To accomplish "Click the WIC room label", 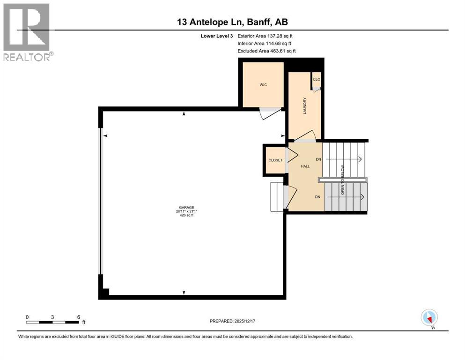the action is (x=263, y=85).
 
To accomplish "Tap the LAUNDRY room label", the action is (x=304, y=106).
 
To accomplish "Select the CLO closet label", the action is (x=317, y=80).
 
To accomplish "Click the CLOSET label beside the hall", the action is (x=275, y=160).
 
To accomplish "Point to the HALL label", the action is (x=305, y=166).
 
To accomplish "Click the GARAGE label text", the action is (x=186, y=208).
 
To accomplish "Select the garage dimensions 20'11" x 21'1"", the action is (x=186, y=211).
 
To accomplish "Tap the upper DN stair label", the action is (x=318, y=159).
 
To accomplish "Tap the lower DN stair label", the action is (x=317, y=197).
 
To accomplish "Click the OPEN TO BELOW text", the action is (x=342, y=180).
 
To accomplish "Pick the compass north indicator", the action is (x=429, y=318).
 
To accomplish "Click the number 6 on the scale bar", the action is (x=79, y=317).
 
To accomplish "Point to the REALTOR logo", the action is (x=27, y=32).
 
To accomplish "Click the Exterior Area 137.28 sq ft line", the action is (x=265, y=36).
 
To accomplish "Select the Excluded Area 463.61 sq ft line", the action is (x=266, y=51).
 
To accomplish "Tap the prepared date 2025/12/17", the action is (x=244, y=321).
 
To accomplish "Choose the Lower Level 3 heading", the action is (x=217, y=36).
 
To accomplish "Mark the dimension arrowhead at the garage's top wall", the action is (x=184, y=113).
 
